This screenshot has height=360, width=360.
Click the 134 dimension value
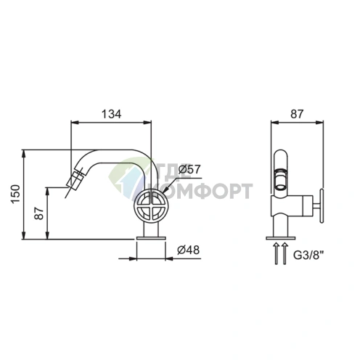[111, 114]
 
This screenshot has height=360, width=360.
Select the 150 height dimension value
[16, 194]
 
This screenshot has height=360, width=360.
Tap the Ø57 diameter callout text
[189, 169]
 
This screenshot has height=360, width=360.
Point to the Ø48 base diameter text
[189, 250]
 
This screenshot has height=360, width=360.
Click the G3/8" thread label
[308, 255]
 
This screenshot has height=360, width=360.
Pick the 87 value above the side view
[297, 114]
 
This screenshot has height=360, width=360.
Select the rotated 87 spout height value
[39, 213]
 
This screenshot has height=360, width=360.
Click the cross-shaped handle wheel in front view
[151, 205]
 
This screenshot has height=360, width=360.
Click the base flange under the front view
[151, 238]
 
